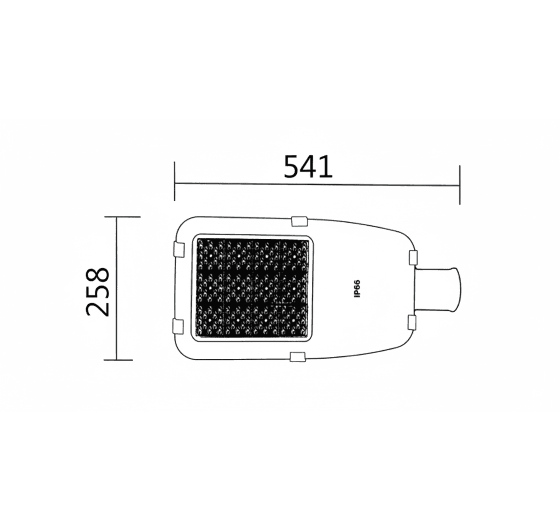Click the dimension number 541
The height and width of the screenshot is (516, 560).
click(308, 167)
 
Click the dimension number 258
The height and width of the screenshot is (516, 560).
click(97, 291)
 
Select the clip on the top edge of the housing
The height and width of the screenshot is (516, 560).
click(299, 221)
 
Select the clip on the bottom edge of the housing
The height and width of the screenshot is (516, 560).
click(298, 357)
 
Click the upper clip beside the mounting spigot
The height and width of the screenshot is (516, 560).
click(413, 258)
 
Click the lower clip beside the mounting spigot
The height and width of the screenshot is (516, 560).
click(412, 322)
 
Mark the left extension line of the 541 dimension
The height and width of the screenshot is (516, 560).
click(174, 181)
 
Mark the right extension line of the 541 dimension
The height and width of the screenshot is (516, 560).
click(460, 185)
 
